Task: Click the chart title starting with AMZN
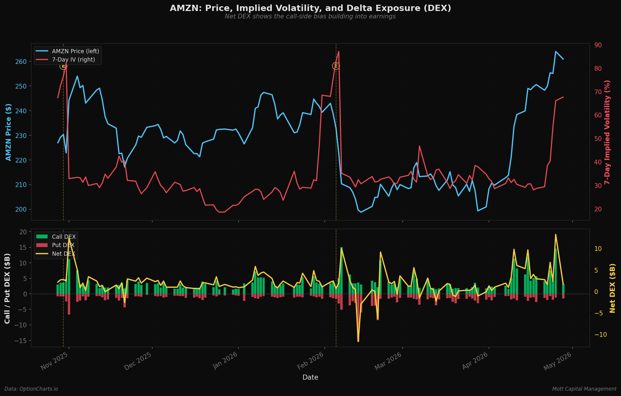[x=310, y=8]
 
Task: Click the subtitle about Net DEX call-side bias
[x=310, y=16]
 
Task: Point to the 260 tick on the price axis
[x=21, y=62]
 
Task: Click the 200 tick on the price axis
[x=21, y=209]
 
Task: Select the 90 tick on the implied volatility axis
[x=598, y=45]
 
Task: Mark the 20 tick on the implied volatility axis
[x=598, y=209]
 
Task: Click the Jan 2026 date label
[x=225, y=360]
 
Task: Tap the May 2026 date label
[x=558, y=361]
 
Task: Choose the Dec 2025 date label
[x=138, y=361]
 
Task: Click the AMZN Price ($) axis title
[x=8, y=132]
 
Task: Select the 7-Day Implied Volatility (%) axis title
[x=607, y=132]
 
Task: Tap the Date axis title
[x=310, y=377]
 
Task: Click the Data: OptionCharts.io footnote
[x=31, y=389]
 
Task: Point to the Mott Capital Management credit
[x=584, y=389]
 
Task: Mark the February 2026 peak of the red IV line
[x=339, y=51]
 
